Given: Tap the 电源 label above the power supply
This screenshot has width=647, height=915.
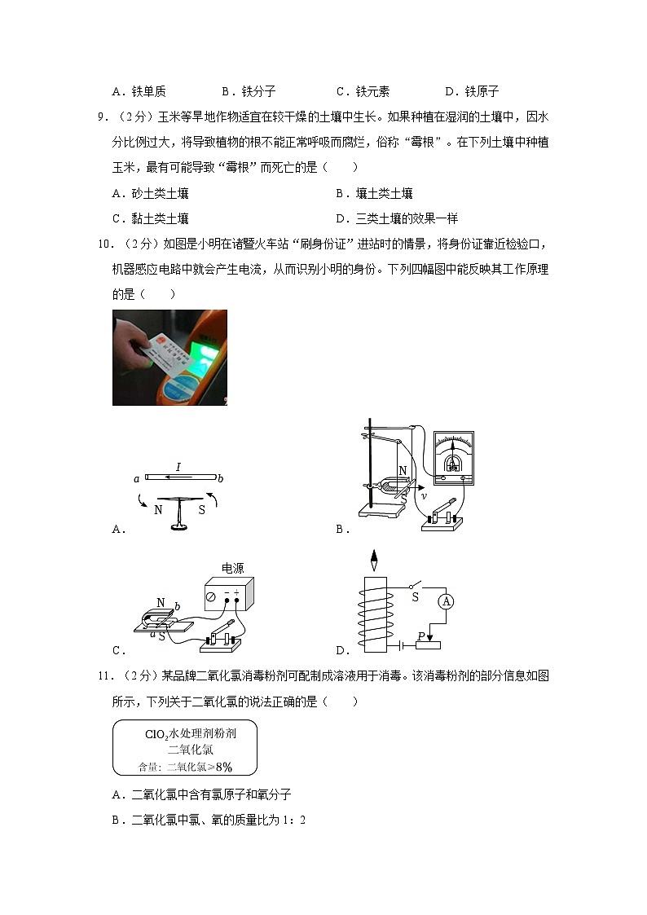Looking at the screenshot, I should (233, 568).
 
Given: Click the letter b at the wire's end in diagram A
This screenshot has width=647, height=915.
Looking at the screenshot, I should (221, 479).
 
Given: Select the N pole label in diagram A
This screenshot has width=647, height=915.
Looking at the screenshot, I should (158, 510).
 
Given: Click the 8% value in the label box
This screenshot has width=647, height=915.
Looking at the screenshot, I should (223, 766).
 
